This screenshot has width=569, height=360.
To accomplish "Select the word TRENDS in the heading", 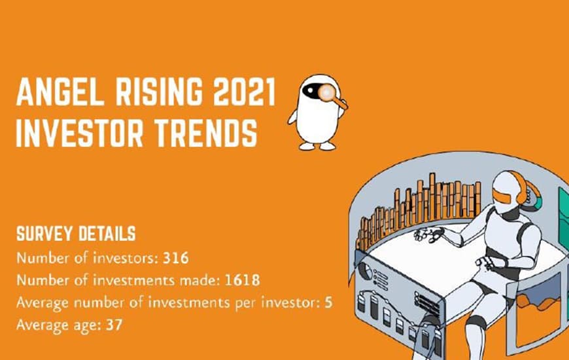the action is click(206, 133).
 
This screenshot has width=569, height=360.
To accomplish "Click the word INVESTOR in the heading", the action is click(80, 133).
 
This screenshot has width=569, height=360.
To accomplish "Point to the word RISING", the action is click(159, 92).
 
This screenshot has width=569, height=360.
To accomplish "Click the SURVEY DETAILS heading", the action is click(76, 234).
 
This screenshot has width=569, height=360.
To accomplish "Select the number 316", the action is click(176, 259).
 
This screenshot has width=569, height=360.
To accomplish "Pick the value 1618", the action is click(242, 280).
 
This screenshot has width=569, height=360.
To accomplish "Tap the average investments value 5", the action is click(328, 302).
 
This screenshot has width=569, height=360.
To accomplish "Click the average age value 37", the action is click(114, 325).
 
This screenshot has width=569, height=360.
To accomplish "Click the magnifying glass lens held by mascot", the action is click(327, 92).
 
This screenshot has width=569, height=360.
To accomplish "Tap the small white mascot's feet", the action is click(317, 146).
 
